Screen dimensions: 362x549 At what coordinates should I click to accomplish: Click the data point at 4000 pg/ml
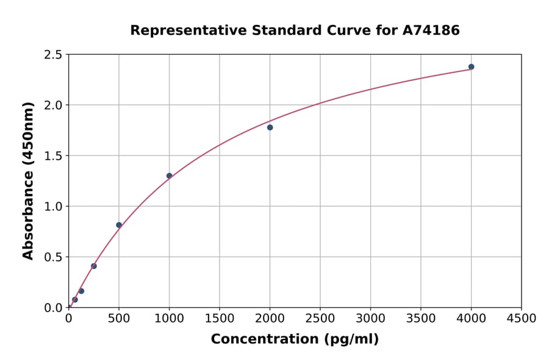(471, 67)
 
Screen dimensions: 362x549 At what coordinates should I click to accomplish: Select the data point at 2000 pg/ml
(270, 127)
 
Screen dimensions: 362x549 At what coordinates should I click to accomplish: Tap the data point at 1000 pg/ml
(169, 176)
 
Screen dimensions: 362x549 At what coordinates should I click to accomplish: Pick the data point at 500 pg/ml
(119, 225)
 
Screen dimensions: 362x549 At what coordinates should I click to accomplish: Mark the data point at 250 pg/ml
(93, 266)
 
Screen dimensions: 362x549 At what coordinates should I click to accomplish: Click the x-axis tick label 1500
(220, 318)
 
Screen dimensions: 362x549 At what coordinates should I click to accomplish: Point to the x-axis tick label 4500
(522, 318)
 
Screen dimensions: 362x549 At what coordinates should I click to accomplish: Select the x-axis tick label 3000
(370, 318)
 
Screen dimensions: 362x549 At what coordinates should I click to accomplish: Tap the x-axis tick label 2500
(320, 318)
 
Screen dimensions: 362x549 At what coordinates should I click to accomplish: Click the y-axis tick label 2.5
(54, 55)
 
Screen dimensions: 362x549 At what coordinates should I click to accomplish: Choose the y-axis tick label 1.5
(54, 156)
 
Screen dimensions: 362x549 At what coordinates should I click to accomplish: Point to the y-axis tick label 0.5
(54, 257)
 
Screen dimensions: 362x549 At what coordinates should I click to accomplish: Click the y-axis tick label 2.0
(54, 105)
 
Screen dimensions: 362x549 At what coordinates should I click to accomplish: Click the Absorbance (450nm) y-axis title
(28, 180)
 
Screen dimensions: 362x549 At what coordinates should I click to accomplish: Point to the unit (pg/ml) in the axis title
(351, 339)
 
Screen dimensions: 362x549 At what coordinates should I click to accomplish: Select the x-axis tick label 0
(68, 318)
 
